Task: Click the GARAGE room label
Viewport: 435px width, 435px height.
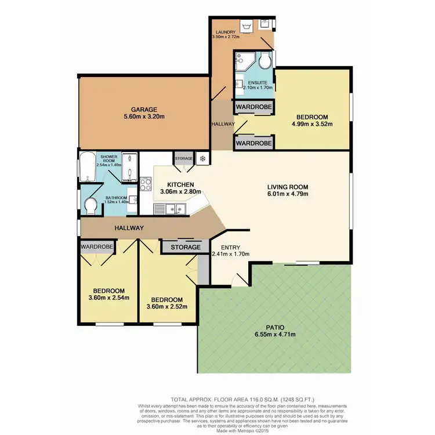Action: (x=144, y=108)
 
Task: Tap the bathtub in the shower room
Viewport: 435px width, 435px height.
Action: (x=86, y=166)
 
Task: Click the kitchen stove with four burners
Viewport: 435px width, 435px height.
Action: (x=146, y=186)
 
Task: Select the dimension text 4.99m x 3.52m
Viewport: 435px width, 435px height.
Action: (x=313, y=123)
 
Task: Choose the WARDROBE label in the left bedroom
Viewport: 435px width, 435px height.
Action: (x=96, y=246)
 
